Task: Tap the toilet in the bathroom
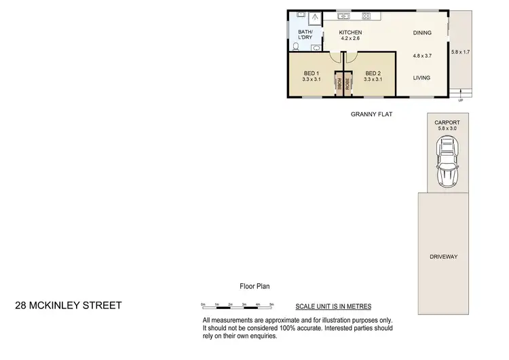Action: coord(297,47)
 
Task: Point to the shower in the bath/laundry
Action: coord(314,18)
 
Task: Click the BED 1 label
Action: coord(312,73)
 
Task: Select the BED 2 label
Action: coord(373,73)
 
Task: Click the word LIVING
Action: coord(422,78)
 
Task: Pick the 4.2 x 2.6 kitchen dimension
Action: coord(350,39)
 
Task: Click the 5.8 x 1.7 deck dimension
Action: coord(461,52)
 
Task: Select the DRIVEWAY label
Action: coord(444,257)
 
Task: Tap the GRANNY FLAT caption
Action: coord(371,114)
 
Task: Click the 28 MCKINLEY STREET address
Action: coord(68,305)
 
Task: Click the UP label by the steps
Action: coord(461,100)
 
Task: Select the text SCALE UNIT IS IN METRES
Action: coord(333,306)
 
